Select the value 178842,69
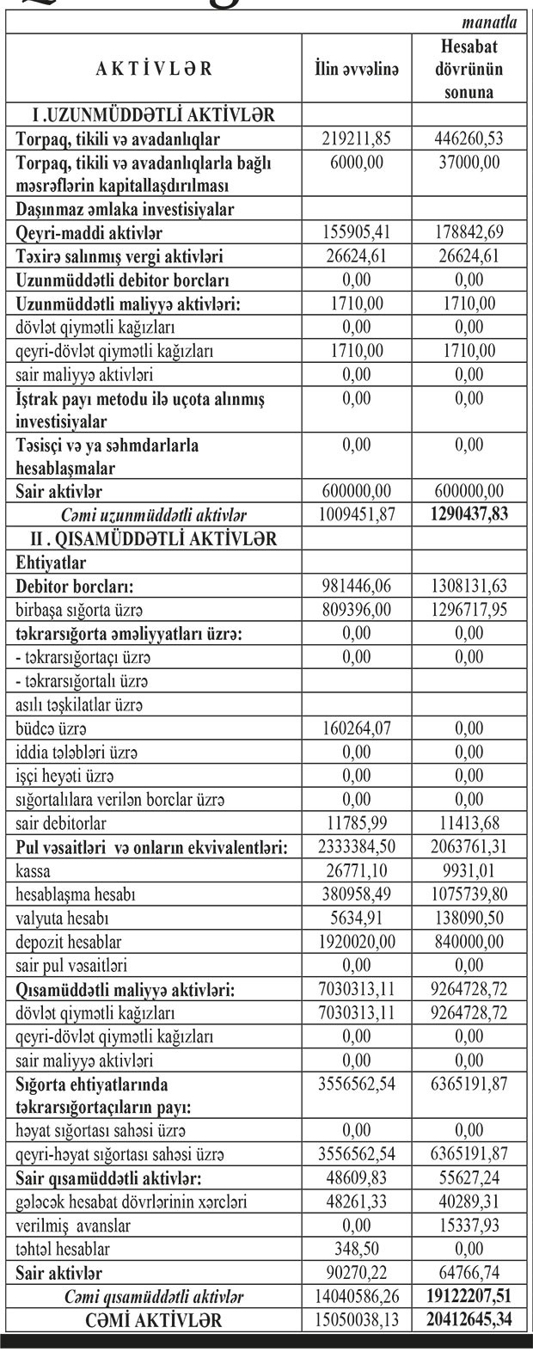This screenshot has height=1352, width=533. [469, 233]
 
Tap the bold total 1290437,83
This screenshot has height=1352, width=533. [469, 516]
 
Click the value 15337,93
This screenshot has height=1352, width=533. [469, 1225]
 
